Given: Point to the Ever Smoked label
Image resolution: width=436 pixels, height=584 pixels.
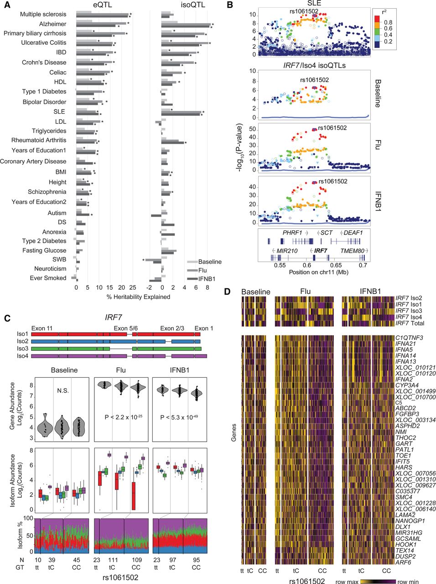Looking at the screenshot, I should click(48, 278).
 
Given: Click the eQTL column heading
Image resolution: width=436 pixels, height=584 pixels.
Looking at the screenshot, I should click(101, 5).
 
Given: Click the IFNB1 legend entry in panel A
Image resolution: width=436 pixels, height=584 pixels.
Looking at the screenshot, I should click(208, 279).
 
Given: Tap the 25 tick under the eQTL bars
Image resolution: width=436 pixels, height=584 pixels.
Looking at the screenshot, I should click(132, 288).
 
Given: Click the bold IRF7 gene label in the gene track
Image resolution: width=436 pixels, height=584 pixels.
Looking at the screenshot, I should click(321, 251).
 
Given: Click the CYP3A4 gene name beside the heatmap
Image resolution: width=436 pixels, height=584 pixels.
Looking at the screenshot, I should click(406, 385).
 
